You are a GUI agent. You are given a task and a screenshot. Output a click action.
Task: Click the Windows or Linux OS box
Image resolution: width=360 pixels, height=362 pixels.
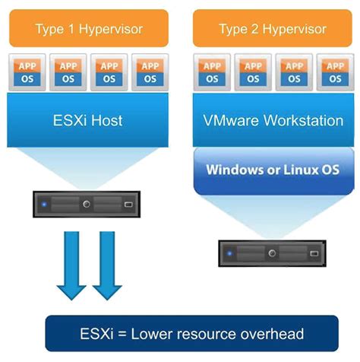(x=272, y=169)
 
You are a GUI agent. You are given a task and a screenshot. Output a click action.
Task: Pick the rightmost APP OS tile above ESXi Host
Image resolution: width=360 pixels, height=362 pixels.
(x=150, y=71)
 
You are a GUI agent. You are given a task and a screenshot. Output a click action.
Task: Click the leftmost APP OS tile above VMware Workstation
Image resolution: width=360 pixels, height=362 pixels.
(x=213, y=71)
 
